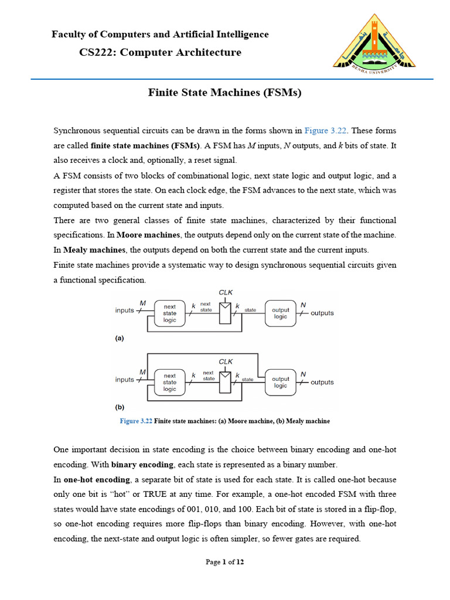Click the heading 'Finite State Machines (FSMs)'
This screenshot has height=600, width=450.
click(x=224, y=93)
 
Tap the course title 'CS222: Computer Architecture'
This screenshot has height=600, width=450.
click(x=160, y=52)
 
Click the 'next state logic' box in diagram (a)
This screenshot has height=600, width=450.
click(x=169, y=313)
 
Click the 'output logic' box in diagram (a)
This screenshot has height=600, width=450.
click(x=281, y=313)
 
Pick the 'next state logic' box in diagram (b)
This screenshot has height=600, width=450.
click(x=169, y=382)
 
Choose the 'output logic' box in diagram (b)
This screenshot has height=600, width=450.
click(x=281, y=382)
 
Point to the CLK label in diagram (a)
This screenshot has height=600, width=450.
click(x=226, y=292)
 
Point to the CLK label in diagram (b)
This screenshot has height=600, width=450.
click(x=226, y=362)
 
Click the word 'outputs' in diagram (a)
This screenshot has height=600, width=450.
click(x=322, y=313)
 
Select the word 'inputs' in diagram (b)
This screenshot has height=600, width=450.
click(x=125, y=380)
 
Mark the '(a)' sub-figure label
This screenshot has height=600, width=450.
click(x=120, y=338)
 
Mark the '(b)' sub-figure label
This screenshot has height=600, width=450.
click(x=120, y=407)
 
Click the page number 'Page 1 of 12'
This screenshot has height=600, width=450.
click(x=224, y=562)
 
